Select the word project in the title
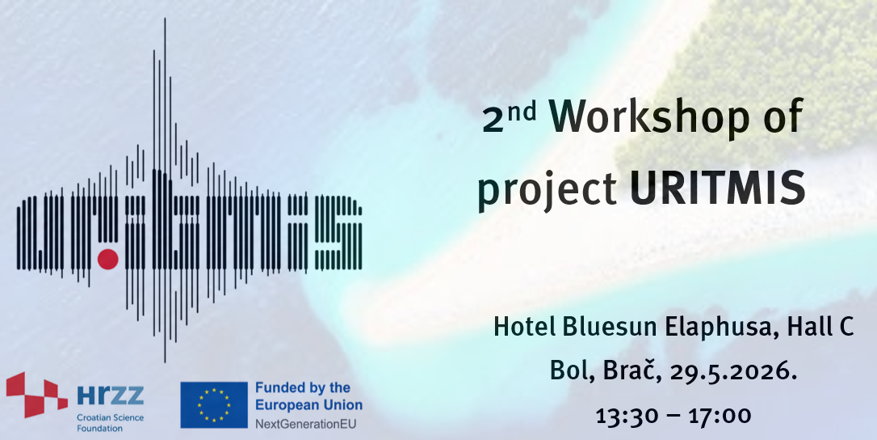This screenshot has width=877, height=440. click(547, 191)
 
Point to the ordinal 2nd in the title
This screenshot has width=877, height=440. click(509, 116)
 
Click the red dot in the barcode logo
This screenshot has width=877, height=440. click(108, 260)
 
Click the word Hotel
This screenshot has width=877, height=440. click(525, 327)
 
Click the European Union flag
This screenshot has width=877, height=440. click(214, 404)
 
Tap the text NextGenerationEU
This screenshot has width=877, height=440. click(305, 424)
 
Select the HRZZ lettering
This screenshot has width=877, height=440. click(110, 396)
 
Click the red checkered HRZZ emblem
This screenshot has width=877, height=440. click(37, 395)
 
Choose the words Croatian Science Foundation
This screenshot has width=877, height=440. click(110, 423)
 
